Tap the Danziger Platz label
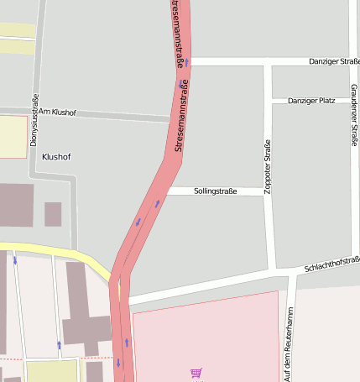[311, 101]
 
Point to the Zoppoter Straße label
[269, 167]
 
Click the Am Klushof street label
[57, 112]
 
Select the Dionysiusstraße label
[34, 120]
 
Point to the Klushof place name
[56, 157]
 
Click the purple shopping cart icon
[196, 373]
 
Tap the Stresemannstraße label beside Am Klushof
[180, 115]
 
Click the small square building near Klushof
[53, 214]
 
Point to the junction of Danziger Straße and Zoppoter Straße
[269, 62]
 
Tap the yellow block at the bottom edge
[51, 370]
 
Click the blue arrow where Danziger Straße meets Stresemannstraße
[187, 62]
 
